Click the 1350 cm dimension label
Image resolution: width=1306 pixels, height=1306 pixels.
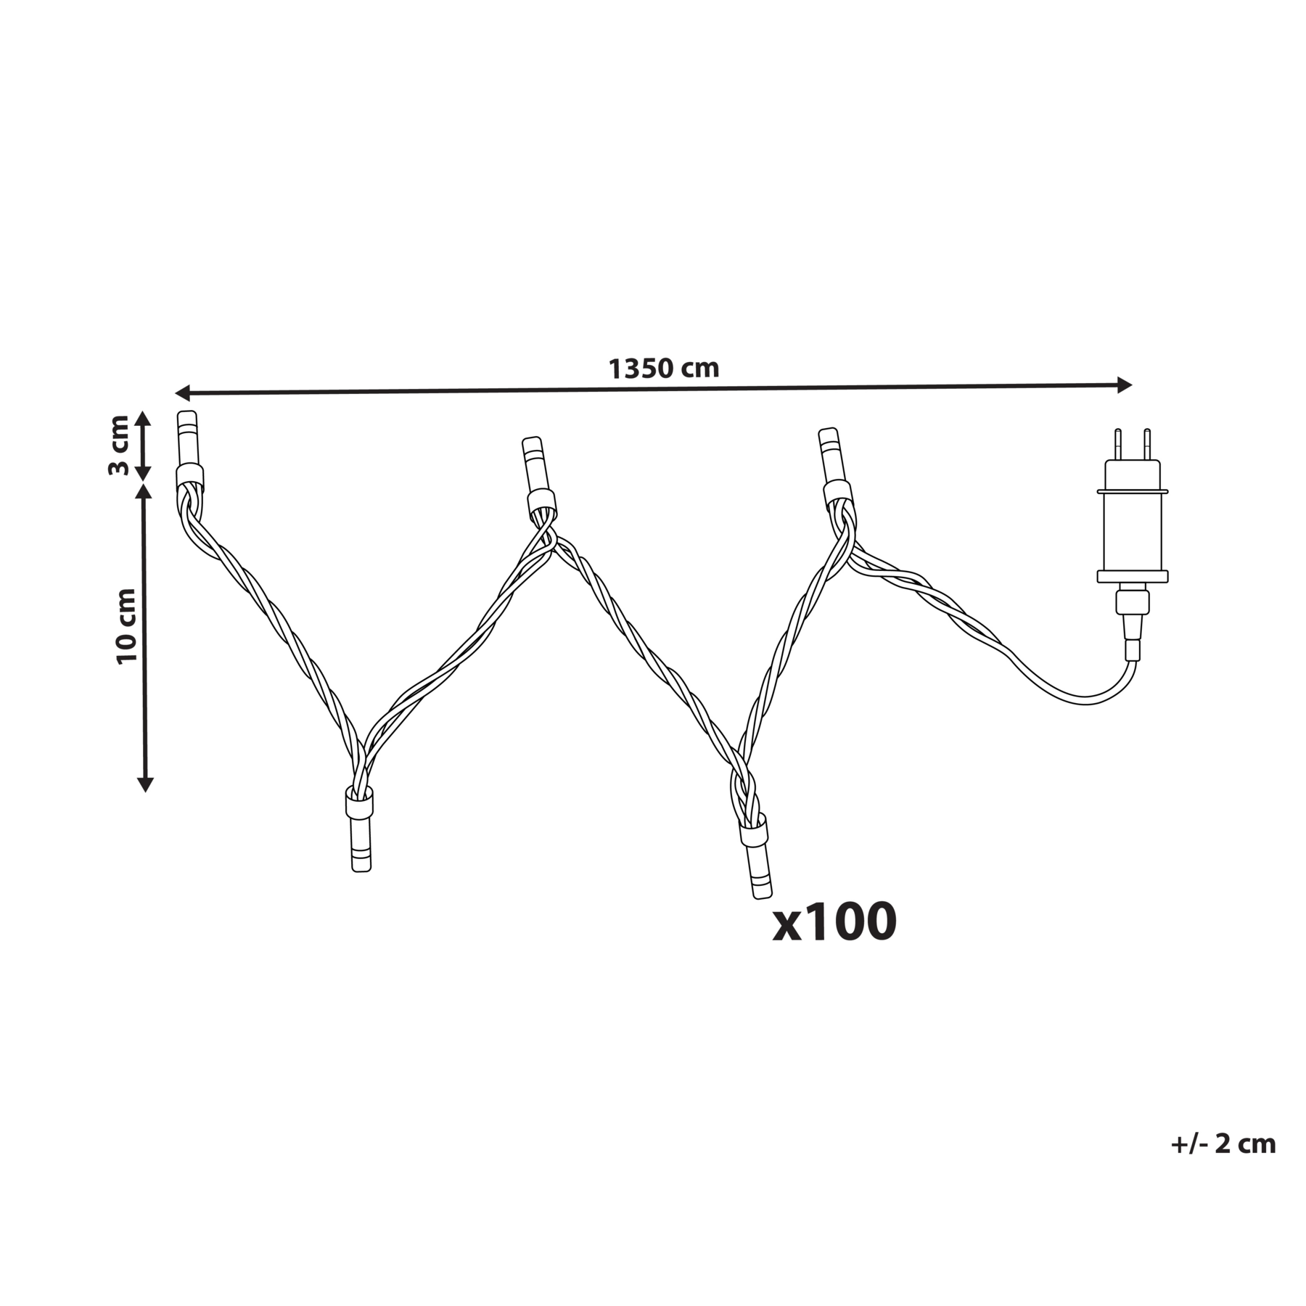(x=663, y=369)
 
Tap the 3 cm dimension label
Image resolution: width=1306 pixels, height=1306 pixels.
(x=118, y=445)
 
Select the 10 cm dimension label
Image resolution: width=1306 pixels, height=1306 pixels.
(x=126, y=625)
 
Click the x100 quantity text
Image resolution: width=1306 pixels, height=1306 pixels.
(x=834, y=922)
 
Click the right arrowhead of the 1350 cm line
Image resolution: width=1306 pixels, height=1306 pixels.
(x=1124, y=385)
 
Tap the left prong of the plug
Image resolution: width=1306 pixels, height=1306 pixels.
(x=1118, y=445)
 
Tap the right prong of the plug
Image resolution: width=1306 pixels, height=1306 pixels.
(x=1147, y=445)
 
